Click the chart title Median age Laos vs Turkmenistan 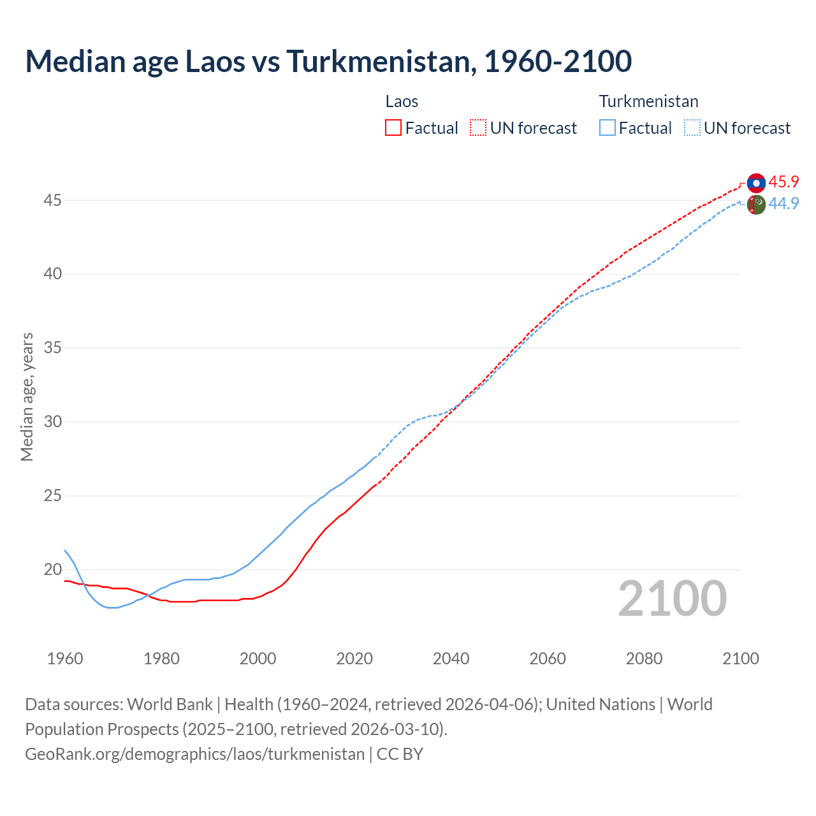point(328,61)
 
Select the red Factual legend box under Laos point(393,127)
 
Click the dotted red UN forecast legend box point(478,127)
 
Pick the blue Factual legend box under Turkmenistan point(608,127)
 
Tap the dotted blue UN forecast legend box point(692,127)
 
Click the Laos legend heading point(402,101)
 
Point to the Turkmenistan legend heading point(648,101)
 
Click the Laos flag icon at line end point(756,183)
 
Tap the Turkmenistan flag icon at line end point(756,205)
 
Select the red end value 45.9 point(783,182)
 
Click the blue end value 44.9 point(783,203)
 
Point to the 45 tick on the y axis point(52,200)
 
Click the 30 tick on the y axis point(52,422)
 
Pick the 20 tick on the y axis point(52,569)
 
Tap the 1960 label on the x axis point(65,659)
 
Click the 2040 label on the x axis point(451,659)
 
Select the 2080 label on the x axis point(644,659)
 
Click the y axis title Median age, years point(27,397)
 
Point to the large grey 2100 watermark point(672,598)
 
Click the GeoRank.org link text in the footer point(194,754)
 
